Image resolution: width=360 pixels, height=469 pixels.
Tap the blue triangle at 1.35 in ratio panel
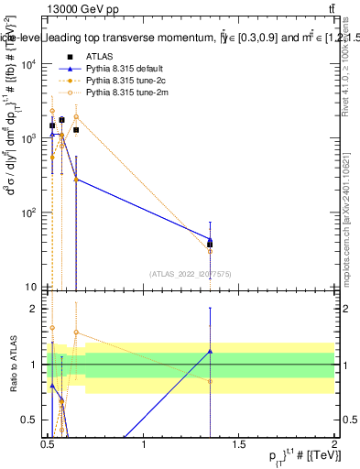tap(211, 351)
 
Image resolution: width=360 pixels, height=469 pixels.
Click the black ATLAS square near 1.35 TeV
tap(211, 245)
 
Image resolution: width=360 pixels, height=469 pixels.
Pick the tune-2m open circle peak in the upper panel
tap(76, 116)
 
